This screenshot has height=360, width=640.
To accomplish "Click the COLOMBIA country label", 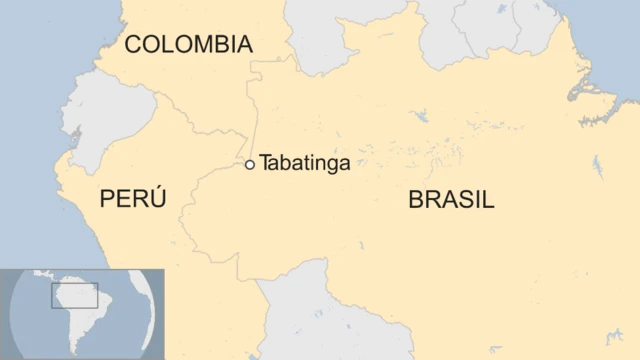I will coord(188,44).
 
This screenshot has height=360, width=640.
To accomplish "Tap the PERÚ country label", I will coord(133,199).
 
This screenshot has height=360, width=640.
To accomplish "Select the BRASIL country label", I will coord(451,199).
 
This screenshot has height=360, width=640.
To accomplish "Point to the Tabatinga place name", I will coord(305,164).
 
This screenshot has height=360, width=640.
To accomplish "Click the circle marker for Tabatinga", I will coord(250,164).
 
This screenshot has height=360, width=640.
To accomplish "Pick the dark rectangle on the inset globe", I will coord(75,296).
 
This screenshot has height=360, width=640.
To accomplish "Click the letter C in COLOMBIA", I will coord(132,44).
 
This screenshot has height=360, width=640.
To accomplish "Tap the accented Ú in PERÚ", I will coord(157,197).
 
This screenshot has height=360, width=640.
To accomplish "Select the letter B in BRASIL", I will coord(415,199).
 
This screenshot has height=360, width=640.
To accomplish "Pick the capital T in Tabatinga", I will coord(266,164).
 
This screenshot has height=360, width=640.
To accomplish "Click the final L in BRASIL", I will coord(488,199).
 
